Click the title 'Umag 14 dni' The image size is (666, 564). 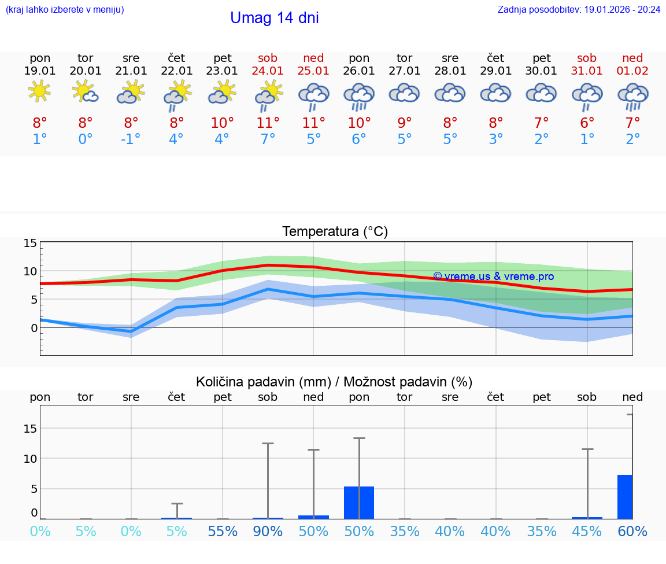coord(274,18)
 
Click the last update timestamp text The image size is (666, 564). coord(579,9)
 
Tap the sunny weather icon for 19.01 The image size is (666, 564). coord(40,91)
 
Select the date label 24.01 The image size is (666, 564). coord(268,71)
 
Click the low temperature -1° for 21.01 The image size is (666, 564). coord(131,139)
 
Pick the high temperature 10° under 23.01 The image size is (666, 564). coord(223,123)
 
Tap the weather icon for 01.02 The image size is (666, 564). coord(632,95)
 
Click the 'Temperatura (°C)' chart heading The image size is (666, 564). coord(335,232)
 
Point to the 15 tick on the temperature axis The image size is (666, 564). coord(31,243)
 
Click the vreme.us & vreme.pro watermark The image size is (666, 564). coord(493,277)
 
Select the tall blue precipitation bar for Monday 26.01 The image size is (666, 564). coord(359,503)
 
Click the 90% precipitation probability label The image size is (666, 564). coord(268,532)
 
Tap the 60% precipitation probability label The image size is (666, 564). coord(632,532)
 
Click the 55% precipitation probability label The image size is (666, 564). coord(223,532)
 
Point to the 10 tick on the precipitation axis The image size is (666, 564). coord(31,458)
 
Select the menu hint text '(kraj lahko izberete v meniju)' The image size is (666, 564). coord(65,9)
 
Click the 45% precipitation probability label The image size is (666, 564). coord(587,532)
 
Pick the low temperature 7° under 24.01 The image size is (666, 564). coord(268,139)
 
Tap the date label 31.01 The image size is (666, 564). coord(587,71)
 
